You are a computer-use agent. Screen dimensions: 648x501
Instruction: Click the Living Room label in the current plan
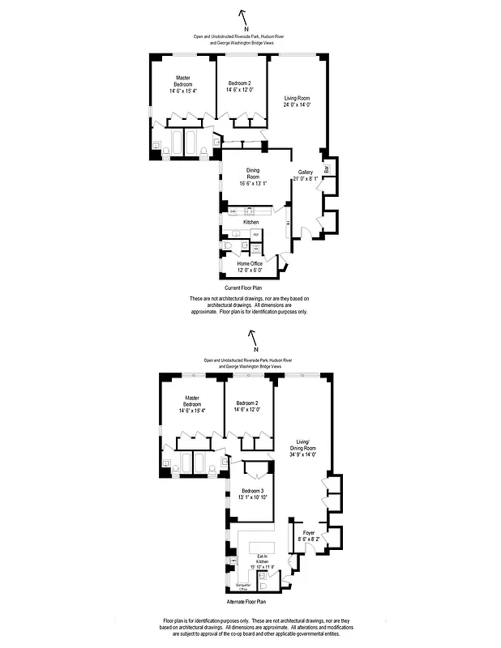(x=297, y=101)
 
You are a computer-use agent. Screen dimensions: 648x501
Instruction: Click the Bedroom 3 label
(x=251, y=493)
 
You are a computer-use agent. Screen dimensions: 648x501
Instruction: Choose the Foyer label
(x=298, y=534)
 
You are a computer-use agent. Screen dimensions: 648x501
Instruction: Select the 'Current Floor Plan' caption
(x=244, y=288)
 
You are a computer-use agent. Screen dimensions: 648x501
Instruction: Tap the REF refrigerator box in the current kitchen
(x=255, y=235)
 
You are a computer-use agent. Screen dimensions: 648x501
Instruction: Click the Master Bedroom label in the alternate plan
(x=191, y=404)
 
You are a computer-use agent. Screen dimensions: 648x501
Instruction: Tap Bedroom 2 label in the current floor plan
(x=239, y=87)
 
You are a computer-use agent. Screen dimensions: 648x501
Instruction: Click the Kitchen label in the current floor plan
(x=250, y=221)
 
